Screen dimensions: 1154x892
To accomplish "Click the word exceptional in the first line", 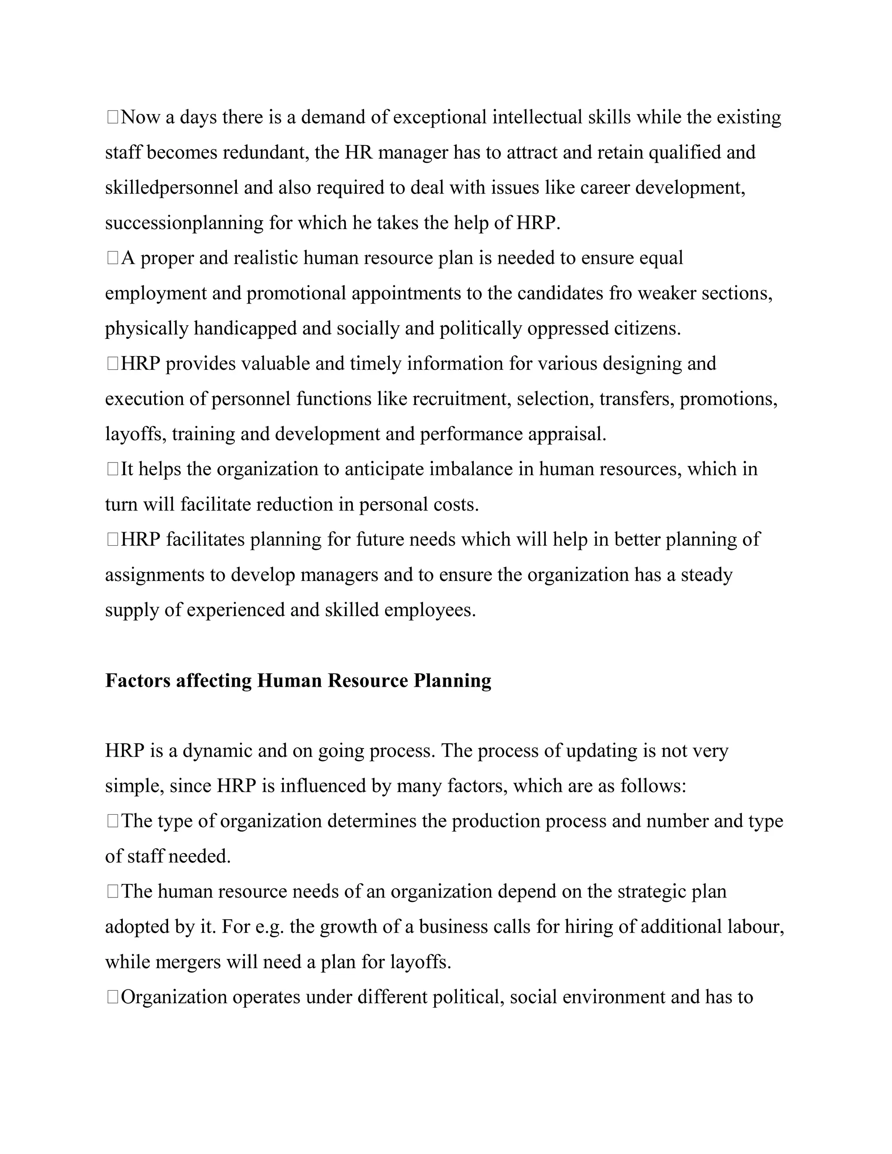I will pos(439,117).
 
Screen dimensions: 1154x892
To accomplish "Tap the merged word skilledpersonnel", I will pos(172,188).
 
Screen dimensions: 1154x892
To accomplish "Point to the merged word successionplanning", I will pos(184,223).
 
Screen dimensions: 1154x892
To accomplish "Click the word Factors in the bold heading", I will pos(138,681).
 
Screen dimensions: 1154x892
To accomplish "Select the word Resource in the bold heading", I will pos(368,681).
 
